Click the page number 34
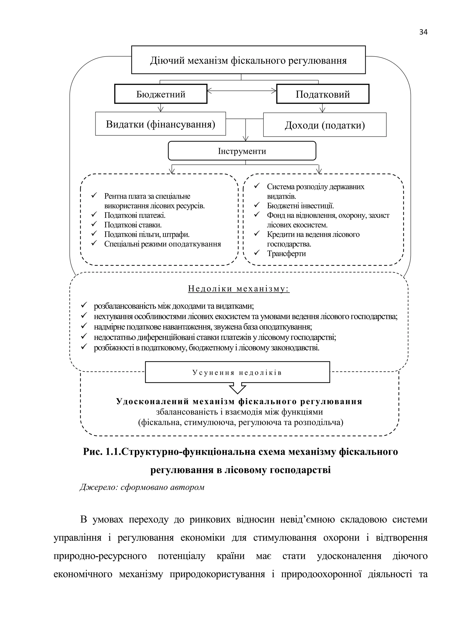(423, 32)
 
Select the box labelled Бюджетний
(161, 94)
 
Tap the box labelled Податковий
(323, 94)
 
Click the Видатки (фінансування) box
(160, 124)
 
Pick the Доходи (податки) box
(325, 125)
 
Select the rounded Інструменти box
(242, 151)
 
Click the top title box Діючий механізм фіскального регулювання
(248, 60)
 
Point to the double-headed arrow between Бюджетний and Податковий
(242, 90)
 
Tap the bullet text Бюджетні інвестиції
(300, 206)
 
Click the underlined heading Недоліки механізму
(239, 289)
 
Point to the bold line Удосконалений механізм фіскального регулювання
(239, 401)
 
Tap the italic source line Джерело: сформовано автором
(142, 487)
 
